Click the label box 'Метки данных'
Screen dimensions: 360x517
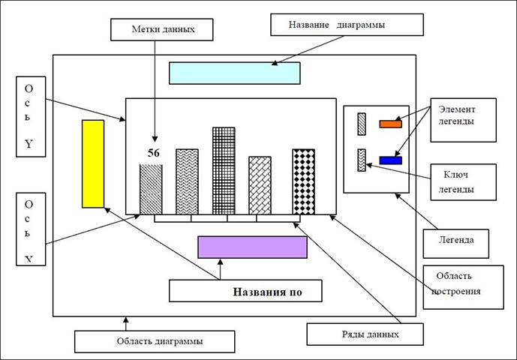coord(161,29)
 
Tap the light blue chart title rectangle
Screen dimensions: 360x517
coord(234,73)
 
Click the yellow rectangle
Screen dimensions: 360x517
coord(92,163)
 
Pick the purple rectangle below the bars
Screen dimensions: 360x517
coord(252,247)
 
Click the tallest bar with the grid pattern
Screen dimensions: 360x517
coord(224,170)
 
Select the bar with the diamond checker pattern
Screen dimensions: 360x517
coord(303,181)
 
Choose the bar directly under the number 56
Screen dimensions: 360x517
coord(151,188)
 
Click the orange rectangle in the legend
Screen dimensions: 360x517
coord(390,124)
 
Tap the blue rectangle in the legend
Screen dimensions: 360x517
coord(390,160)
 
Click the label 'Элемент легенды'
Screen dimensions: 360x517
coord(463,118)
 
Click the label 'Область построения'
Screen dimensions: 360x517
coord(463,285)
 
